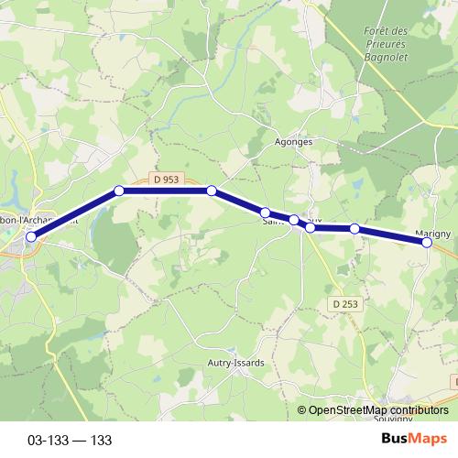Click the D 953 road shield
point(166,180)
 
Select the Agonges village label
point(294,142)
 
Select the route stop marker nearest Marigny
point(427,242)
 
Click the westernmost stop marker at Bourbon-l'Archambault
point(31,236)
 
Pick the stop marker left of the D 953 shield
point(119,191)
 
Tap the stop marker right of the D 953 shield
point(212,191)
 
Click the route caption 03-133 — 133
point(70,441)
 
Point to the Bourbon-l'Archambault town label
point(41,220)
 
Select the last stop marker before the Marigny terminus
point(354,228)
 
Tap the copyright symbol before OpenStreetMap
point(302,410)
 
